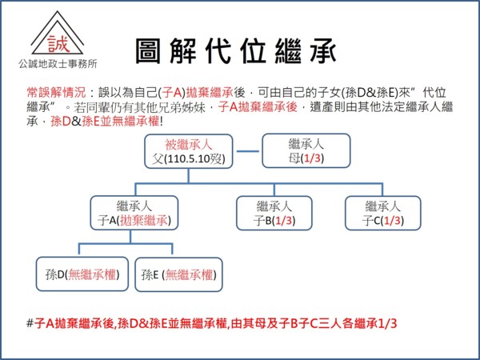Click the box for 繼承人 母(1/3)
pos(306,151)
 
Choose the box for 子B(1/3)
pos(274,213)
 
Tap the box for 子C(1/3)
pos(383,213)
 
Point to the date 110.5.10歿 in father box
pos(196,158)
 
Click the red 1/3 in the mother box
pos(313,158)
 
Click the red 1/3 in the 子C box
pos(391,220)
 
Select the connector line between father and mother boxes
pos(249,150)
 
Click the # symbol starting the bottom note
pos(30,323)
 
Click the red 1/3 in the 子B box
pos(282,220)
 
